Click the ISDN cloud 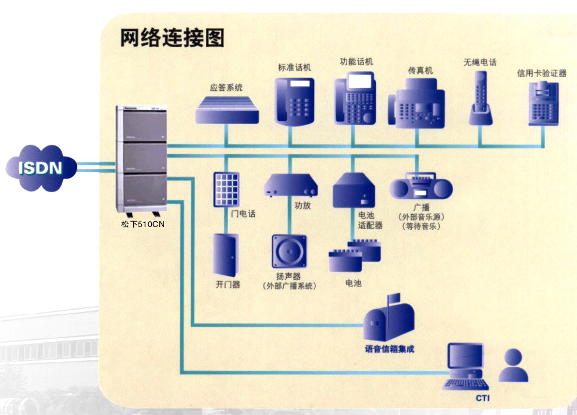40,168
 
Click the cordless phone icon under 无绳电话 481,97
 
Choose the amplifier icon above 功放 291,186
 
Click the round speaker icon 288,251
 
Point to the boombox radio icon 421,187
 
